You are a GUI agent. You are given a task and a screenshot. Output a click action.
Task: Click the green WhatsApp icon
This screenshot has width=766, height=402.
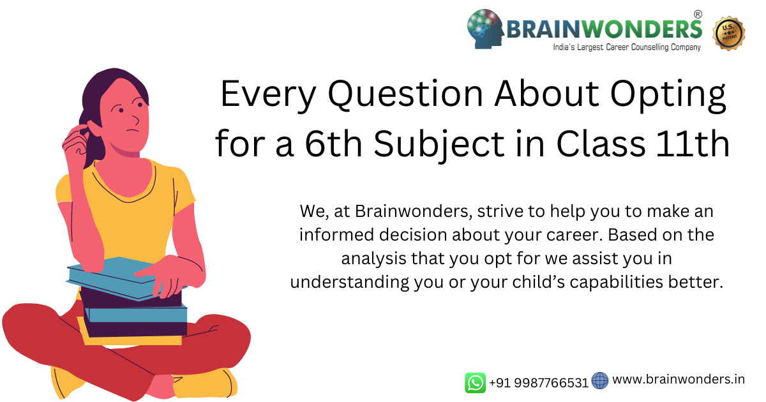point(476,383)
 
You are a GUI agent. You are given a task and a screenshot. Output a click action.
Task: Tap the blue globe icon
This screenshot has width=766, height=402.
point(600,381)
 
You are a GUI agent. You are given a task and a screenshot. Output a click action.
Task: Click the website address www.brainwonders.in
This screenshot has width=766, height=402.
point(679,380)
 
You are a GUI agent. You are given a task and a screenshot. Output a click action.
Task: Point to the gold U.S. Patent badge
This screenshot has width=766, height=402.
point(729,33)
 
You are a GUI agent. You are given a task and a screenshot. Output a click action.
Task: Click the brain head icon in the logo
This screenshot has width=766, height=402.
point(485,29)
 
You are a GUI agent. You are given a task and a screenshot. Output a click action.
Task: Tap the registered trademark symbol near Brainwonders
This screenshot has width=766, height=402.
point(698,14)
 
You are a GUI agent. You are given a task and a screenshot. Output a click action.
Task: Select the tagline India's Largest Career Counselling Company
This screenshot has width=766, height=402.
point(627,47)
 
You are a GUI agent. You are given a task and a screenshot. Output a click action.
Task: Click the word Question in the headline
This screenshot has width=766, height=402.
point(405,94)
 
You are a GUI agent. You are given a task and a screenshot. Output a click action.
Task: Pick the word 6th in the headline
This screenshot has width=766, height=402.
point(333,144)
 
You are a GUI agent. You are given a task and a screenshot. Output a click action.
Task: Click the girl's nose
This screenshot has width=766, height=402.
point(135,120)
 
